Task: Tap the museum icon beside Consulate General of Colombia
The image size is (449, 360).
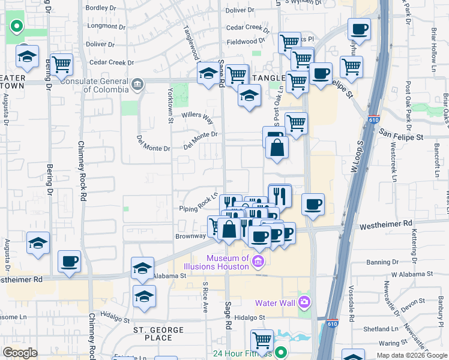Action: tap(138, 83)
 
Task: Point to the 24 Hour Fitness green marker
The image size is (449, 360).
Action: tap(280, 353)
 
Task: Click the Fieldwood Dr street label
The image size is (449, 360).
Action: tap(246, 41)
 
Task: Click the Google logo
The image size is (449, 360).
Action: tap(20, 353)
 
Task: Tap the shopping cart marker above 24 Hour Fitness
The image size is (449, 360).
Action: tap(262, 340)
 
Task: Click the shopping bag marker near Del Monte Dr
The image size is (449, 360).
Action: tap(277, 147)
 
